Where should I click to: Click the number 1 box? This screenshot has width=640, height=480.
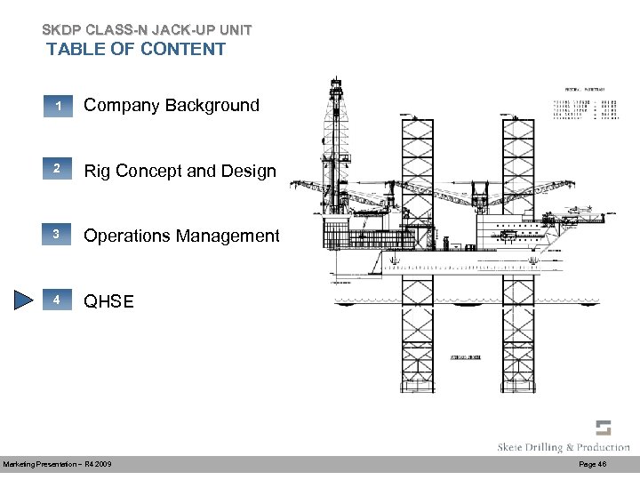[x=56, y=106]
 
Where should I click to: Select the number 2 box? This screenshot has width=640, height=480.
[x=56, y=171]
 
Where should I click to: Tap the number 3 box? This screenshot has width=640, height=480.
[x=56, y=236]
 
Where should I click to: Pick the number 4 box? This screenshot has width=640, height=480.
[x=56, y=300]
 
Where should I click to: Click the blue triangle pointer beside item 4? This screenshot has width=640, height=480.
[x=22, y=300]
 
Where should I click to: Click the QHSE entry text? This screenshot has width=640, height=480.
[x=108, y=301]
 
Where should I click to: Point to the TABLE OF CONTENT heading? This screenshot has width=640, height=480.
[x=136, y=49]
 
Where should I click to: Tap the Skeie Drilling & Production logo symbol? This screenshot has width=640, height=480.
[x=604, y=428]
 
